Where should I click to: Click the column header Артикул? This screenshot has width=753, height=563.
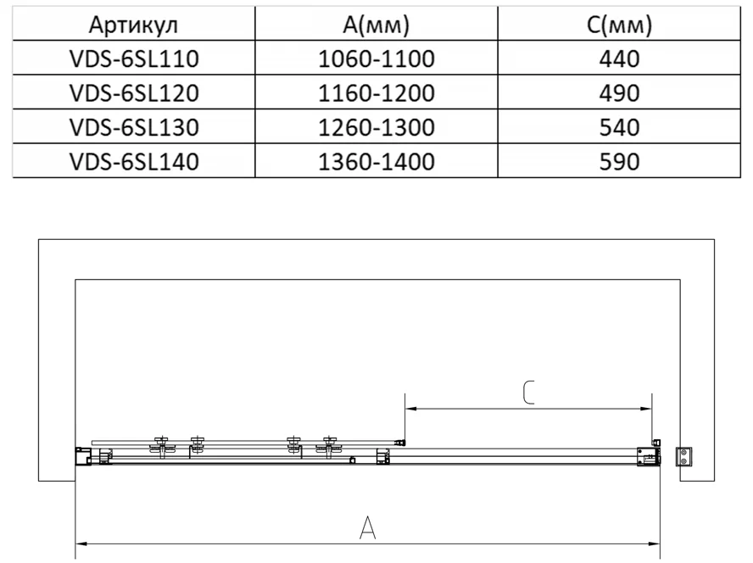pos(133,25)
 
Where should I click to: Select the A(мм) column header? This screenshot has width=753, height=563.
pos(376,25)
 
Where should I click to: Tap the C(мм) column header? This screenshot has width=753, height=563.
pos(619,25)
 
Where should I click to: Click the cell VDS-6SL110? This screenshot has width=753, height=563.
pos(134,59)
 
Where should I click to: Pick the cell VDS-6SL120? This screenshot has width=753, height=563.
pos(134,92)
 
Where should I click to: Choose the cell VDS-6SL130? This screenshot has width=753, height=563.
pos(134,127)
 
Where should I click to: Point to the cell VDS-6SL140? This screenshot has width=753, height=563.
pos(134,161)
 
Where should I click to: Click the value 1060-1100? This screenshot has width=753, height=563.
pos(376,59)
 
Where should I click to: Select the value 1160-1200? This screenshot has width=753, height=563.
pos(376,92)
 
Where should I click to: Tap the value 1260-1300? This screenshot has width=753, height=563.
pos(376,127)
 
